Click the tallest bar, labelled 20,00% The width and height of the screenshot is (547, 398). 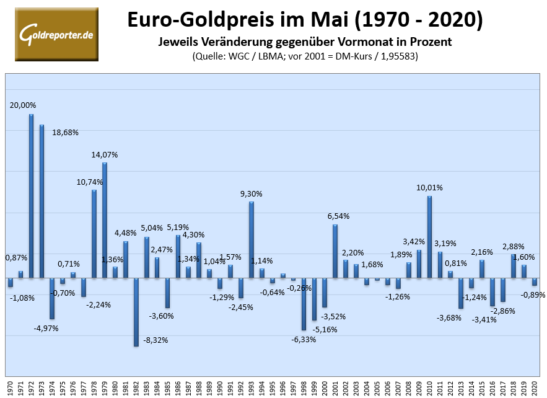[31, 195]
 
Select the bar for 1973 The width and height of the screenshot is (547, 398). [42, 201]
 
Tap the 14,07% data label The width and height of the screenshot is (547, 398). [105, 154]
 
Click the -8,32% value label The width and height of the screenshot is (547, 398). [155, 340]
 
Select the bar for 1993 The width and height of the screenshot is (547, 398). [252, 239]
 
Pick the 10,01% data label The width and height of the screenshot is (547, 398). [431, 187]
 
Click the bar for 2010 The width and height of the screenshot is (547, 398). [429, 236]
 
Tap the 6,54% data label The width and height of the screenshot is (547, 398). [338, 216]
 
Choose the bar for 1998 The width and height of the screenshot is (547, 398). [304, 304]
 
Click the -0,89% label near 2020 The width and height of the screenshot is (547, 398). [532, 295]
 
